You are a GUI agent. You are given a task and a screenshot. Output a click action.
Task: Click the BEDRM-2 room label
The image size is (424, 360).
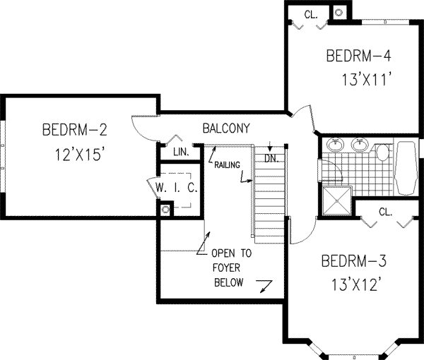[x=74, y=130]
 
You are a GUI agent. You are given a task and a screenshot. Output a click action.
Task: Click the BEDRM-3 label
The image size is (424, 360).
[x=354, y=262]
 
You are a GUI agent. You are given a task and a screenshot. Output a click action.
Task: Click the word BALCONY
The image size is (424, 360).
[x=225, y=128]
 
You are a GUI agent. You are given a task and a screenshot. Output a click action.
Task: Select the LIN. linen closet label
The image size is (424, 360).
[x=179, y=151]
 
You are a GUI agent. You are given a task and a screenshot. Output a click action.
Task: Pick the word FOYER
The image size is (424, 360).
[x=227, y=268]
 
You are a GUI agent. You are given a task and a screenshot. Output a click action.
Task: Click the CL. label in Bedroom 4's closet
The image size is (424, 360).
[x=311, y=14]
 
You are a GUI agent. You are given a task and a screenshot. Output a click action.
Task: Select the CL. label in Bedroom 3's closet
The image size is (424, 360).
[x=385, y=211]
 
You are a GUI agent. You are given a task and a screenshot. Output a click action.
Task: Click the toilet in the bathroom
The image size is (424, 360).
[x=382, y=151]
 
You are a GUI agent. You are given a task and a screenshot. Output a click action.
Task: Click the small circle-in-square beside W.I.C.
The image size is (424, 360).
[x=165, y=210]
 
